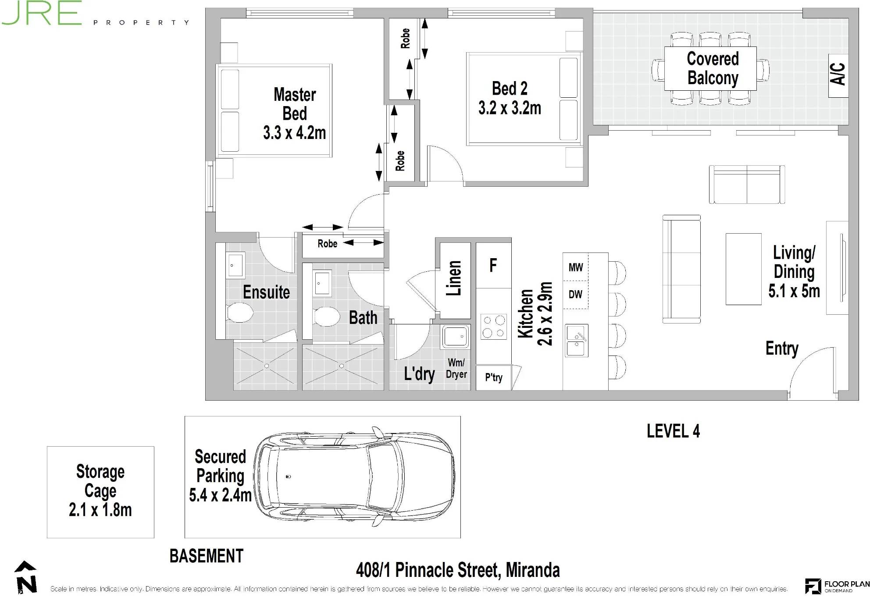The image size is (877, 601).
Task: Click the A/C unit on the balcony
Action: (838, 75)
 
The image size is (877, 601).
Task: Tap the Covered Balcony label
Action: (713, 68)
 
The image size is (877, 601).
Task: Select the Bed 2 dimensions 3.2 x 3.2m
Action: (510, 108)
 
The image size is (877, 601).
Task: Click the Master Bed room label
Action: (295, 104)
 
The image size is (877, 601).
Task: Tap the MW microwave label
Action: (576, 267)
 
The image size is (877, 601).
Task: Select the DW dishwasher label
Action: (575, 294)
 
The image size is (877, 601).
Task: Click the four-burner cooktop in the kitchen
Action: (494, 327)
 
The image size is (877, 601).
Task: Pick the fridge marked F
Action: (493, 265)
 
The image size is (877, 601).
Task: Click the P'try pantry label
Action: (494, 377)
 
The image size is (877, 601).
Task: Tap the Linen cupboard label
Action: (454, 278)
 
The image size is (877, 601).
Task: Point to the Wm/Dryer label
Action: (456, 368)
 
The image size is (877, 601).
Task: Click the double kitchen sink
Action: (576, 341)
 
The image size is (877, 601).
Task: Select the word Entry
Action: (782, 349)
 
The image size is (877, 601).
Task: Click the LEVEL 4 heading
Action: (673, 431)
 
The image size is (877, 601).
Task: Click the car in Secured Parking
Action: (354, 477)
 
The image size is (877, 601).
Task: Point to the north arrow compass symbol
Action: (26, 577)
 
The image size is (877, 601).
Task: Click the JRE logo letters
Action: (42, 13)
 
